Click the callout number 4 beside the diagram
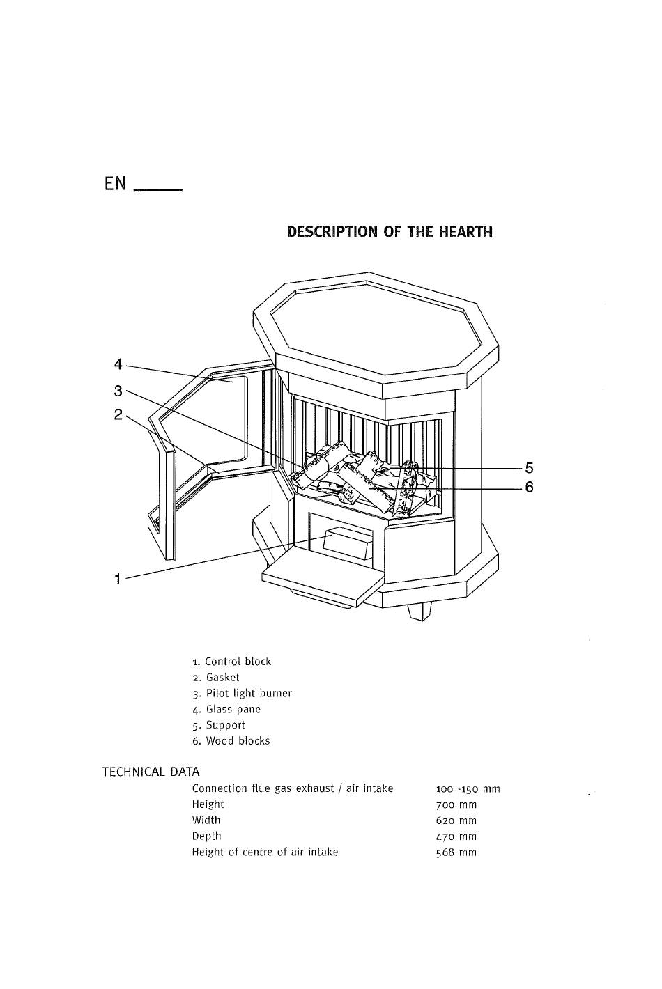118,364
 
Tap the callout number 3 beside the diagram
118,391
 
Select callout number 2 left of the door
118,415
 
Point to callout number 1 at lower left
118,578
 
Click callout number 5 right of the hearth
529,468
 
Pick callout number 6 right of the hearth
529,488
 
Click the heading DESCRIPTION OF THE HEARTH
390,232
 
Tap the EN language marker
116,184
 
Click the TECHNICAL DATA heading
151,772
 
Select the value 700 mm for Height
456,804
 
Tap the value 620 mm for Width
456,820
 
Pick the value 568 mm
456,852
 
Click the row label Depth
206,836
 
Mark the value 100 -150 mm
468,789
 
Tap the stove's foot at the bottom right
419,610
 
